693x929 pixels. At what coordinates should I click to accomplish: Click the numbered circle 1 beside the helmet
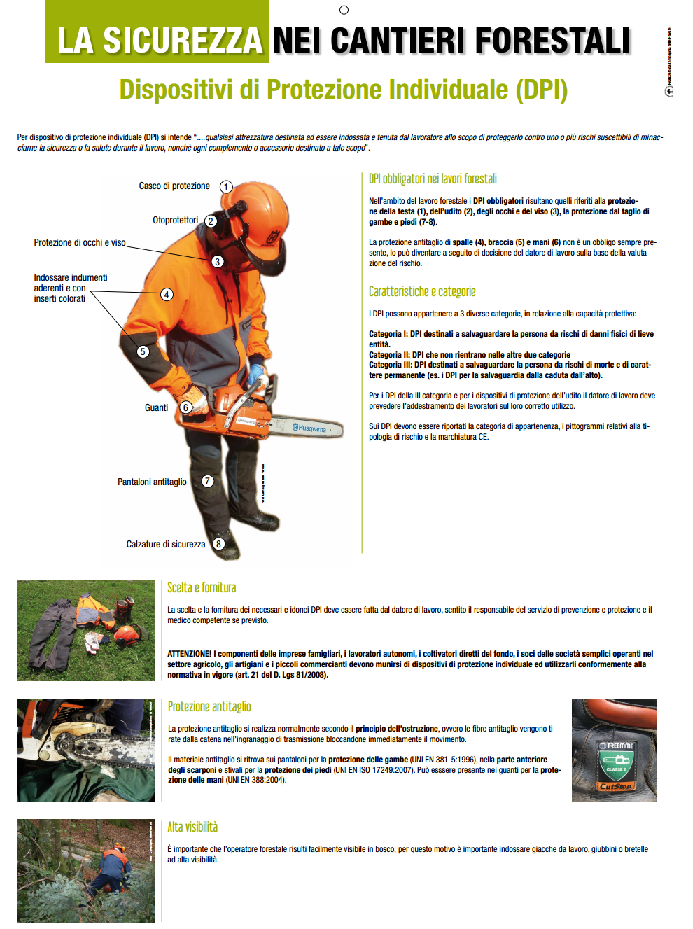226,187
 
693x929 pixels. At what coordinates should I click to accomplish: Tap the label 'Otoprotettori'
175,220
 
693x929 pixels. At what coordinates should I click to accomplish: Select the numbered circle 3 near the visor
218,261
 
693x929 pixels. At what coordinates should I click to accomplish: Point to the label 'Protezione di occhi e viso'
80,242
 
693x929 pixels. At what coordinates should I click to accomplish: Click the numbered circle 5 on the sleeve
143,351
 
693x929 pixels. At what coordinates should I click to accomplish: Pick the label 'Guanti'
156,407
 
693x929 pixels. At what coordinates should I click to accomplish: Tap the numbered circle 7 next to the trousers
208,481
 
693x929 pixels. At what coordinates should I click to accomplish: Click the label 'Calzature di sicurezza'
166,544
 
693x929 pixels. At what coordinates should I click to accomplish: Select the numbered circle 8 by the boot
219,544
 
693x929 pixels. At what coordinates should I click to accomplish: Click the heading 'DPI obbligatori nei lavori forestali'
433,179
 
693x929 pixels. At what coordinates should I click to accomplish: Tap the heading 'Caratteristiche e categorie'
422,291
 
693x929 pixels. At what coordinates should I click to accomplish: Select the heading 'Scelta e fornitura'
202,587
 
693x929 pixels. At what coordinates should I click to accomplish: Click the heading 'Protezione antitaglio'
209,706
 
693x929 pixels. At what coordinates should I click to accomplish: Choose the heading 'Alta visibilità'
192,827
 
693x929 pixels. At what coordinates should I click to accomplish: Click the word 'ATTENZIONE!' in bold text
189,654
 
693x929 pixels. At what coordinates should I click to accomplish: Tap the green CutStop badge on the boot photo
615,766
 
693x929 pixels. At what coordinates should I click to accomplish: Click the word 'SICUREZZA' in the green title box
183,41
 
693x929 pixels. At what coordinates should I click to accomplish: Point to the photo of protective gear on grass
86,630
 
